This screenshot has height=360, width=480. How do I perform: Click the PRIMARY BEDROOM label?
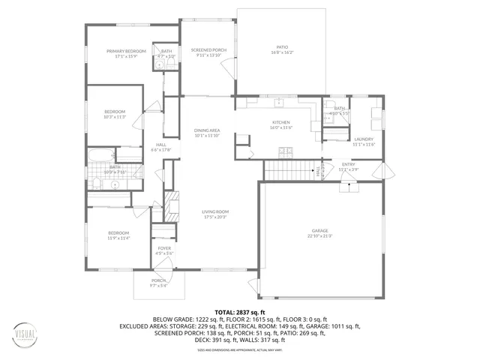click(126, 51)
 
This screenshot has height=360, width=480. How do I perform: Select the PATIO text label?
click(281, 48)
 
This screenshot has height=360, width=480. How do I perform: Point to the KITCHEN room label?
click(280, 122)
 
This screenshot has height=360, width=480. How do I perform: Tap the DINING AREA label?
click(206, 130)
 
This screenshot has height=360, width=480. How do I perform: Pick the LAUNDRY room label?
click(364, 139)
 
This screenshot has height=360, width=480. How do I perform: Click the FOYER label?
click(164, 248)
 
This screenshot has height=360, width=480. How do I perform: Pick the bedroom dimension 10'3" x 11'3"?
click(115, 117)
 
